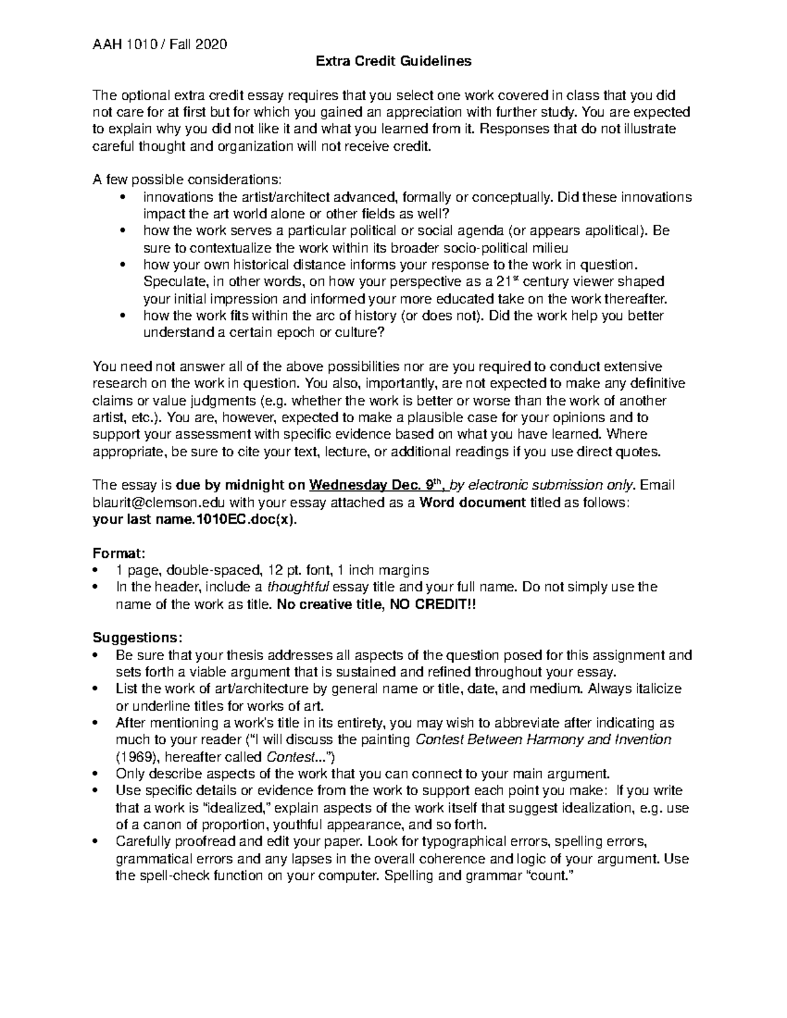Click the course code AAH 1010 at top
pyautogui.click(x=120, y=45)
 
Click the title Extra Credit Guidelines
pyautogui.click(x=393, y=62)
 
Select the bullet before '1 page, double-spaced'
pyautogui.click(x=97, y=570)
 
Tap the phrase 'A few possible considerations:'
pyautogui.click(x=187, y=180)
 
